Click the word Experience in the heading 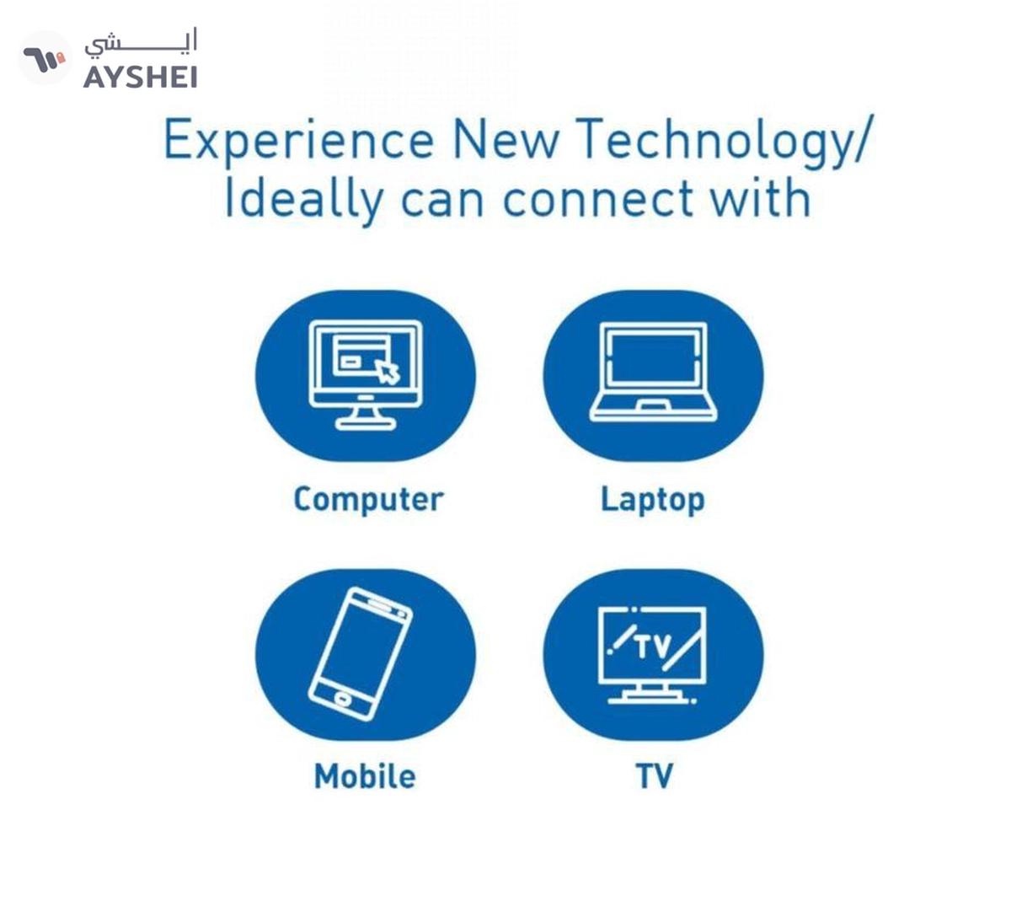(x=299, y=142)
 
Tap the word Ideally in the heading (x=304, y=201)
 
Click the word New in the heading (x=505, y=140)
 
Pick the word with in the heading (x=761, y=199)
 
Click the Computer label (x=368, y=500)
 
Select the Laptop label (x=653, y=500)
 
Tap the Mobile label (x=366, y=776)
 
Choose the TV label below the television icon (x=654, y=776)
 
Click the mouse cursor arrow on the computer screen (x=387, y=371)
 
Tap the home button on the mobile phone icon (x=342, y=699)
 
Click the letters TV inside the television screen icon (x=653, y=646)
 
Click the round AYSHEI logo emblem (x=45, y=58)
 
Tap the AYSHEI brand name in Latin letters (x=140, y=78)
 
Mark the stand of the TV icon (x=652, y=695)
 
